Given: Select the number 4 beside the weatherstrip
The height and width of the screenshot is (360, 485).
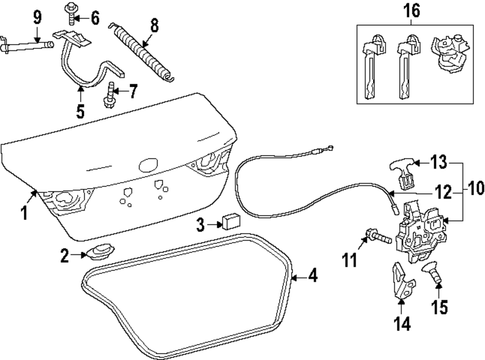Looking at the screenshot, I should [313, 277].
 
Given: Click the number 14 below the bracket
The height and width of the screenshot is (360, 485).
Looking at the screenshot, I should [402, 323].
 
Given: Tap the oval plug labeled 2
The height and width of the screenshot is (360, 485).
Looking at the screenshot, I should [99, 253].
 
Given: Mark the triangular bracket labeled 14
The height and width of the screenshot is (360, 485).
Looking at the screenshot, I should [401, 282].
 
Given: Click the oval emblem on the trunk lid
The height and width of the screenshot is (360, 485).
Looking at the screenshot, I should [148, 166].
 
